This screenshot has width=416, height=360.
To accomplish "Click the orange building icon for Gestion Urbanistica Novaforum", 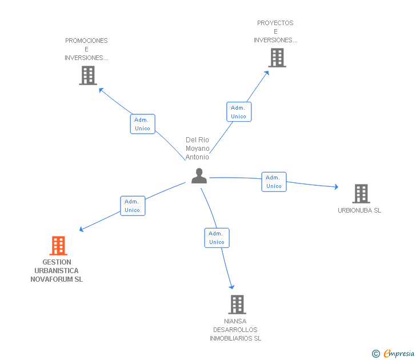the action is point(58,245).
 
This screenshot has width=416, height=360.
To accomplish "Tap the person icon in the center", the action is point(199,176).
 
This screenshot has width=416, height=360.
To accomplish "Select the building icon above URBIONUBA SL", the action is point(361,194).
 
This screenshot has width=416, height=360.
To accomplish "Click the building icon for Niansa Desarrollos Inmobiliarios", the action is point(237,305).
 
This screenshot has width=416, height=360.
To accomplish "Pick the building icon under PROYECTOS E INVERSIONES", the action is point(277,58).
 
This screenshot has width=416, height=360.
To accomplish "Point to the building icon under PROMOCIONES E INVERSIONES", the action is point(88,75).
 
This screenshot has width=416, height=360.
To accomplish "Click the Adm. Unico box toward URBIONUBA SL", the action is point(274,182).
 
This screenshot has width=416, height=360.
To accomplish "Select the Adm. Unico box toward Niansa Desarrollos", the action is point(217,238).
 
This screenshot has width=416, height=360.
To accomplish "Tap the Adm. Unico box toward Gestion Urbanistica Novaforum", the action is point(133,206).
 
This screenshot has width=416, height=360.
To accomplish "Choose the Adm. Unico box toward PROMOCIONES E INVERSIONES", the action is point(142,124).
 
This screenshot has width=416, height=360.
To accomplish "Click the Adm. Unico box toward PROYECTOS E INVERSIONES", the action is point(239,111).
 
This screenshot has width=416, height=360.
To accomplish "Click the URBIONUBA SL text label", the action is point(359,210).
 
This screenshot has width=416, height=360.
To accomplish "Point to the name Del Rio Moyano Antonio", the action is point(197,149).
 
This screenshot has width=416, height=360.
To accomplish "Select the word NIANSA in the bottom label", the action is point(235,321).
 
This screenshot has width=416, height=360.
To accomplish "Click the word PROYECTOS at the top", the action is point(275,23).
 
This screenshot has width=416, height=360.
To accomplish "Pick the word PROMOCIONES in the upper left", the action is point(86,41).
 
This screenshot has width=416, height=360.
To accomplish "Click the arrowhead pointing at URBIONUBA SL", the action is point(337,187).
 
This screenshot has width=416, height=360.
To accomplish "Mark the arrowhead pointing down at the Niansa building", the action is point(232,287).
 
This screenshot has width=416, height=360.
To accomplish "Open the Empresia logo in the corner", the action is point(393,353).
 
